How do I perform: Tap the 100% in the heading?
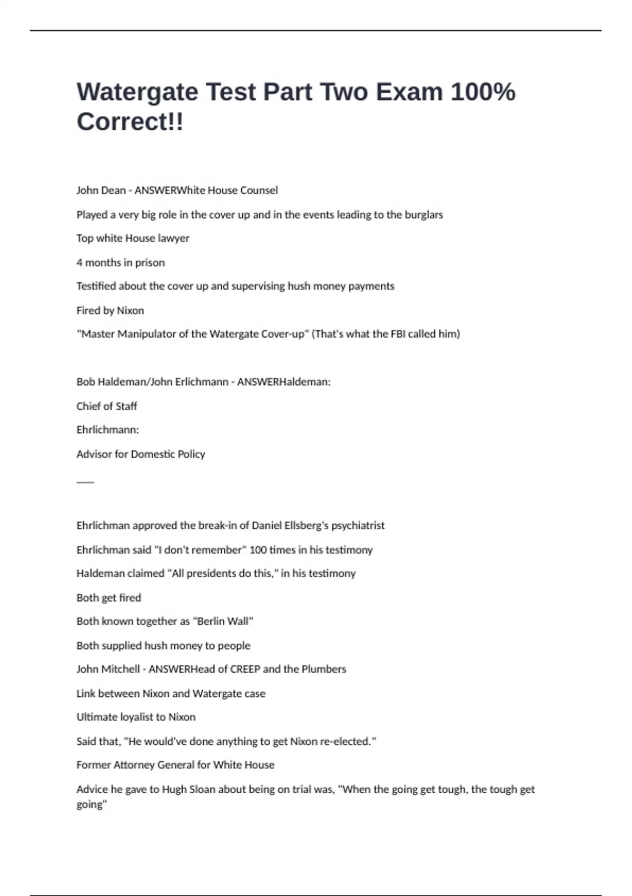coord(483,92)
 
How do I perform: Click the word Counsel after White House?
coord(259,190)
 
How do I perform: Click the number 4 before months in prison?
coord(80,262)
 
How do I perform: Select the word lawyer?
coord(173,238)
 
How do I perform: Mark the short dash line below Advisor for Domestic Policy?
coord(85,482)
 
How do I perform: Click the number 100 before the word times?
coord(258,550)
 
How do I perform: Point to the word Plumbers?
coord(324,669)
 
